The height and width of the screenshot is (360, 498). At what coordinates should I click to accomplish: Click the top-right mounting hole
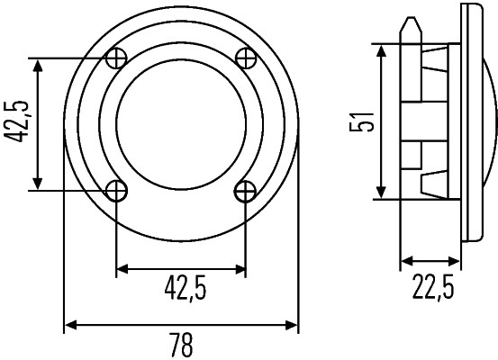point(245,58)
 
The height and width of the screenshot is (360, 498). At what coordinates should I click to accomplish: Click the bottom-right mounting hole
point(245,190)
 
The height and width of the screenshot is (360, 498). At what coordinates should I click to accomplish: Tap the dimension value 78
point(181,346)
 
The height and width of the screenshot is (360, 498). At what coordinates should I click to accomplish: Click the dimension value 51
point(362,121)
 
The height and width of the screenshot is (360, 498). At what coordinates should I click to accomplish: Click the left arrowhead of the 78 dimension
point(70,324)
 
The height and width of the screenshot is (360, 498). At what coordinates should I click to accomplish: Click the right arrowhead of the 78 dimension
point(293,324)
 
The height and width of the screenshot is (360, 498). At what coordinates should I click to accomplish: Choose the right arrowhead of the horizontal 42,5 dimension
point(240,267)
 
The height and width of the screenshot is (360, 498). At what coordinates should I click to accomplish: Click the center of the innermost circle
point(181,124)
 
